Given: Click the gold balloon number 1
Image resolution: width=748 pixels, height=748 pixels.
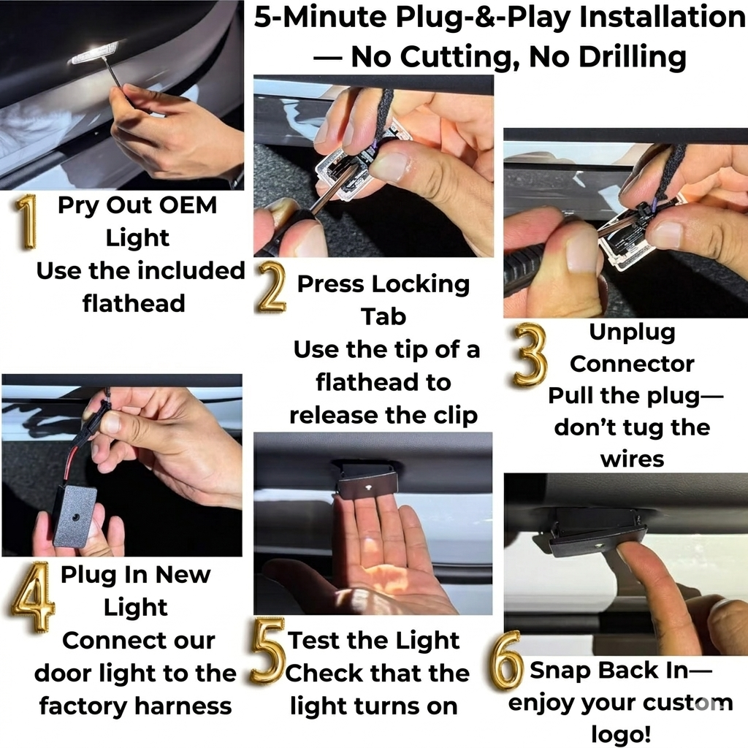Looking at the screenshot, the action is [x=27, y=222].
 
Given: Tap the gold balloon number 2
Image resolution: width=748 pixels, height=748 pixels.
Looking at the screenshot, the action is [x=272, y=288].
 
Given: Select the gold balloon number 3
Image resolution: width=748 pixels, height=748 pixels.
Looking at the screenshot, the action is [x=530, y=355].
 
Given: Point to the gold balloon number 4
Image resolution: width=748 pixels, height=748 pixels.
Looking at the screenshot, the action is [x=32, y=598].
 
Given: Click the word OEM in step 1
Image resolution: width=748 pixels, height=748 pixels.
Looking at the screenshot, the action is [x=188, y=205].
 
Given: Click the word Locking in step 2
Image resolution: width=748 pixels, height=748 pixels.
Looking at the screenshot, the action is [x=421, y=284].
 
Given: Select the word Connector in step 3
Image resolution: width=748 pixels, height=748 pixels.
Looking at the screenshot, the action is [x=632, y=365].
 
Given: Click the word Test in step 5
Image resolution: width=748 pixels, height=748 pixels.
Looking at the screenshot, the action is [x=313, y=640].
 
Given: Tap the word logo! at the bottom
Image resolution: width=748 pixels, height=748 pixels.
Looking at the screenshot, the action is [x=621, y=733].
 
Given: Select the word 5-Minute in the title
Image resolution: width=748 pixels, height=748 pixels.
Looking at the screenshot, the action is [x=320, y=18].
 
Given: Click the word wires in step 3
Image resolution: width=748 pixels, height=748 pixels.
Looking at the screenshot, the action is [x=632, y=459].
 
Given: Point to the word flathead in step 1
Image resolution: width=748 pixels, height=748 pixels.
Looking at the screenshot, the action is [x=134, y=303].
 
